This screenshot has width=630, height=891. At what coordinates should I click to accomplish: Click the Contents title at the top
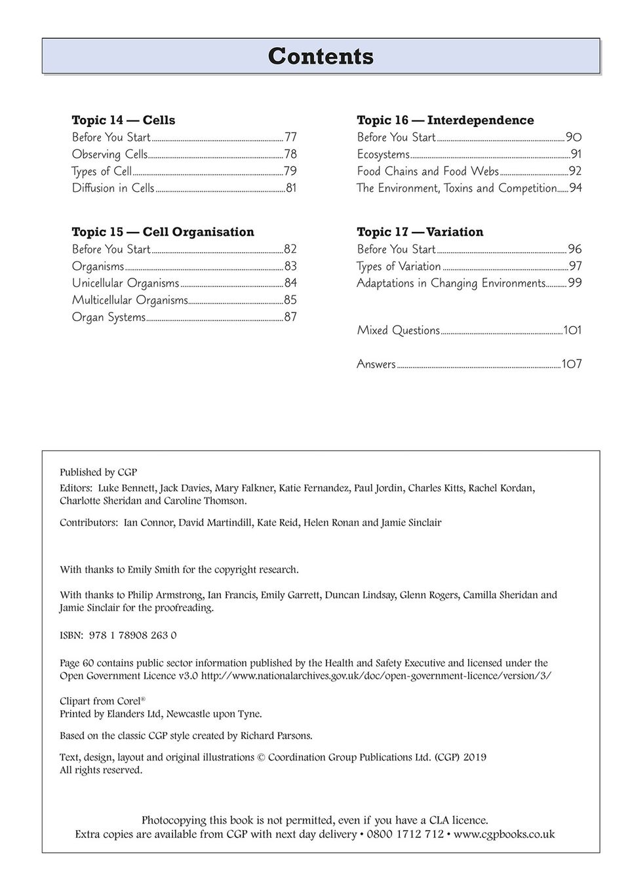point(321,56)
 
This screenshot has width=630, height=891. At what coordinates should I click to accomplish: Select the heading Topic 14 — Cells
point(123,120)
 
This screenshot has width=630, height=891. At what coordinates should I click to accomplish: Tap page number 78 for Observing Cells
point(290,155)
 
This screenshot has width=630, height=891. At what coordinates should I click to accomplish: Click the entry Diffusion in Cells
point(113,189)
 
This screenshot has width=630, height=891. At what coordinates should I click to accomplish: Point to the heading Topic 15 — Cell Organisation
point(163,232)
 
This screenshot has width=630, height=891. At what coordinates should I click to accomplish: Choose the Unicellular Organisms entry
point(125,283)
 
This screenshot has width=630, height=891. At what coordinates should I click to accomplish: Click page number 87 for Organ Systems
point(290,317)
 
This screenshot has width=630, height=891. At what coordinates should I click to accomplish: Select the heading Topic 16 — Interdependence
point(445,120)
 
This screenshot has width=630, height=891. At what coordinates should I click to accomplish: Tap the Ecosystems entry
point(383,155)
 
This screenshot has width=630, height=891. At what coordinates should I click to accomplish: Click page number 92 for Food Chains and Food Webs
point(575,172)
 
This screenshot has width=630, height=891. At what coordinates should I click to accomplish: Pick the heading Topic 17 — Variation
point(420,232)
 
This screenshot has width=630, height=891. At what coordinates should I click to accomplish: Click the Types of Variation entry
point(399,266)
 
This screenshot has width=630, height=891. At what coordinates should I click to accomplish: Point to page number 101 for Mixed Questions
point(572,330)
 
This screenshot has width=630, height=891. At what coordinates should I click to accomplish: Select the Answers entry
point(376,364)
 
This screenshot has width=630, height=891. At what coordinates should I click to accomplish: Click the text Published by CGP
point(98,472)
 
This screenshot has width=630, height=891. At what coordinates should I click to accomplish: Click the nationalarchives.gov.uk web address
point(376,675)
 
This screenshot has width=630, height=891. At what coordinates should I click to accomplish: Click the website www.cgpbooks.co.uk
point(504,834)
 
